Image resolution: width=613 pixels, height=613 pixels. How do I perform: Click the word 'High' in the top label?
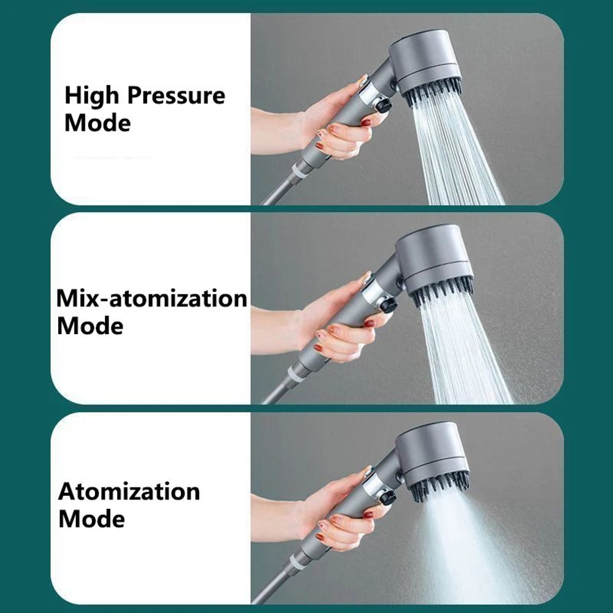point(93,96)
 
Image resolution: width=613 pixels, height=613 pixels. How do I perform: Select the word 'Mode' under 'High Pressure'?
point(97,123)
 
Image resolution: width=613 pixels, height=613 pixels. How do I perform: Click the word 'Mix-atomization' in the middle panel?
point(152,299)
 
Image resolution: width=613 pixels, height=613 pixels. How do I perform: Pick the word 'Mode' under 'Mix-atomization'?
point(90,326)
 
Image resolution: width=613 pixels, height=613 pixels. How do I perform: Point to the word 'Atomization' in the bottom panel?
point(129,492)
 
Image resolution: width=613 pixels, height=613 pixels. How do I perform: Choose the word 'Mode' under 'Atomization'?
point(91,519)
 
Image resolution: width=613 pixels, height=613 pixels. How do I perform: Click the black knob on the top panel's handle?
point(384,105)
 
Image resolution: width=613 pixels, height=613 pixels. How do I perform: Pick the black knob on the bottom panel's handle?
point(386,498)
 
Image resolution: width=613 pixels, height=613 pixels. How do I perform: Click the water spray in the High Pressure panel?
point(454,153)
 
